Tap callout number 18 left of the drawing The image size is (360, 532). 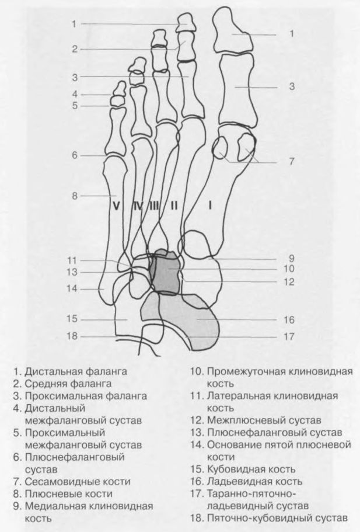(72, 336)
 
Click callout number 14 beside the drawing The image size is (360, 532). (72, 288)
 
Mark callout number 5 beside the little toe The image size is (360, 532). (75, 106)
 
